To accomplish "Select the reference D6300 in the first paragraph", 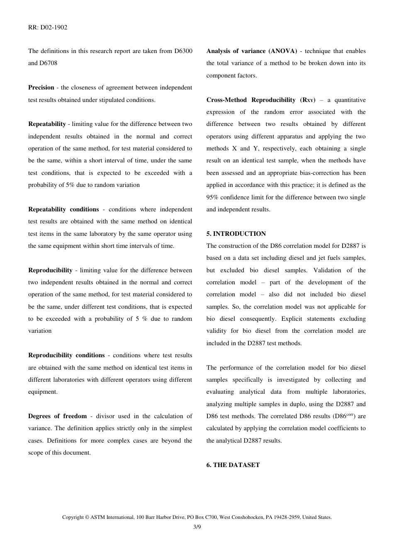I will [183, 51].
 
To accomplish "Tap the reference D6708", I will [49, 63].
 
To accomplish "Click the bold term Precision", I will [41, 87].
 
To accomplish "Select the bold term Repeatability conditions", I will [63, 209].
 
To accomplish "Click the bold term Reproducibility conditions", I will [66, 355].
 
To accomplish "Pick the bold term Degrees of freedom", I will [57, 416].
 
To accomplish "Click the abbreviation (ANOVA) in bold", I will [283, 51].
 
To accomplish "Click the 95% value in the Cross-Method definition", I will [214, 197].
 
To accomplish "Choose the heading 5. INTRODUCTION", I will [236, 234].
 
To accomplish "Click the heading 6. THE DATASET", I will [233, 465].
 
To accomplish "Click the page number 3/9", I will [197, 527].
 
